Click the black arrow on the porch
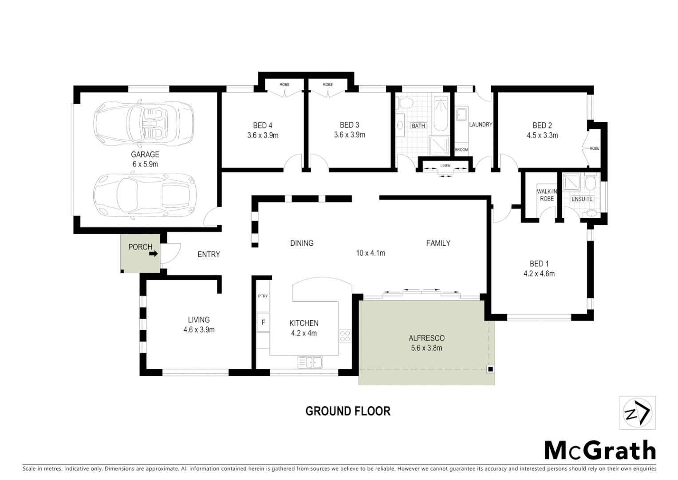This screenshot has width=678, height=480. [154, 254]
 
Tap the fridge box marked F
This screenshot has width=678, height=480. [263, 322]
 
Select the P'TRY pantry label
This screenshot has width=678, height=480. [263, 296]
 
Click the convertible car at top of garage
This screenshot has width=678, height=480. [143, 121]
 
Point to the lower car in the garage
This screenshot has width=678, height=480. [144, 194]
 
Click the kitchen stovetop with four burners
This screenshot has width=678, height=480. [345, 336]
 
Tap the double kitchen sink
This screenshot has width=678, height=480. [310, 362]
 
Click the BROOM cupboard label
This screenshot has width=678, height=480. [461, 150]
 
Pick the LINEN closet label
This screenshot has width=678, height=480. [445, 166]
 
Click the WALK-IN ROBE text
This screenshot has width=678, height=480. [547, 195]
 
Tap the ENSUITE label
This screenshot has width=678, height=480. [582, 199]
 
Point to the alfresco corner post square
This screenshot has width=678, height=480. [490, 369]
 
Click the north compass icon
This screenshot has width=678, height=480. [637, 413]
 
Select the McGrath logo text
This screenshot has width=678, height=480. [600, 451]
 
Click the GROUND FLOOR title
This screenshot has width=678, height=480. [348, 411]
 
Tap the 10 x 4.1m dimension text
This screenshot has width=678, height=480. [371, 253]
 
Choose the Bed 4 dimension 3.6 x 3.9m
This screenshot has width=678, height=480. [263, 135]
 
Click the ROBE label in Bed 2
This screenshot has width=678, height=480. [594, 148]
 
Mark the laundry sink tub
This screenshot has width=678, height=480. [461, 114]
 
